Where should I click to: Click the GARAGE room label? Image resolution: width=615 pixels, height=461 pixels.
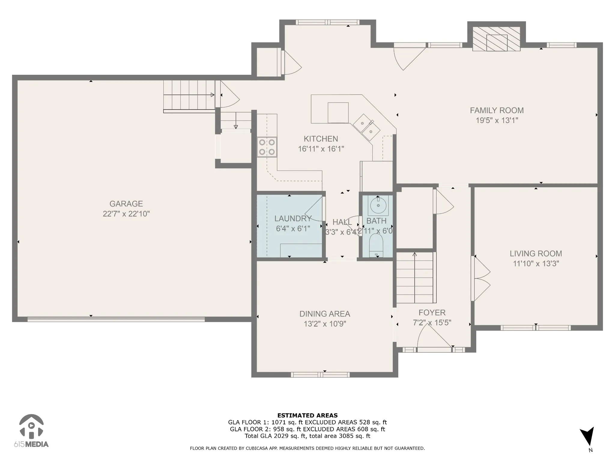coord(126,204)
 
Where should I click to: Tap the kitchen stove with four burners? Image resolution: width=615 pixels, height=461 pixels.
coord(267,147)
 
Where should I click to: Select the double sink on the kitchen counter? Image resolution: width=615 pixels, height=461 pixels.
coord(366,127)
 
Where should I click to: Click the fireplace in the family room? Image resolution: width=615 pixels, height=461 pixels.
coord(496,39)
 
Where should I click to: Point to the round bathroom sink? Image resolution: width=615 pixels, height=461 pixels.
coord(378,205)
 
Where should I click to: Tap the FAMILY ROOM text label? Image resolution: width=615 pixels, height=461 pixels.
coord(497,110)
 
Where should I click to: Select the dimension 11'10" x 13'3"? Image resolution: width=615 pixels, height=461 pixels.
coord(536,264)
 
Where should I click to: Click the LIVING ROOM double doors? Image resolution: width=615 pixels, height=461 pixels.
coord(480,279)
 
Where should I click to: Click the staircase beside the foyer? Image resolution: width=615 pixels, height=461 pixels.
coord(416,278)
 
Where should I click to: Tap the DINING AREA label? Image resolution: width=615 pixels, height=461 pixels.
coord(325,314)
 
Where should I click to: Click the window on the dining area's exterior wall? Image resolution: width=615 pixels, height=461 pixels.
coord(320,375)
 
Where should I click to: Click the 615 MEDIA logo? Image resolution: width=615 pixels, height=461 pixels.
coord(31,431)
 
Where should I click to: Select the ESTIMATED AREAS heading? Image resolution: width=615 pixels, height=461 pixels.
coord(307,415)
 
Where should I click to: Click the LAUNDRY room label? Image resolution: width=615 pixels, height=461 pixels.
coord(293,218)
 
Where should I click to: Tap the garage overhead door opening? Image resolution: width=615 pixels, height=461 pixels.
coord(116,319)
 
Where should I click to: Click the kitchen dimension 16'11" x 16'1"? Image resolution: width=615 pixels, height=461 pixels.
coord(321,149)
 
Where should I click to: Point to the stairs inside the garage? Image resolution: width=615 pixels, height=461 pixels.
coord(189,95)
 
